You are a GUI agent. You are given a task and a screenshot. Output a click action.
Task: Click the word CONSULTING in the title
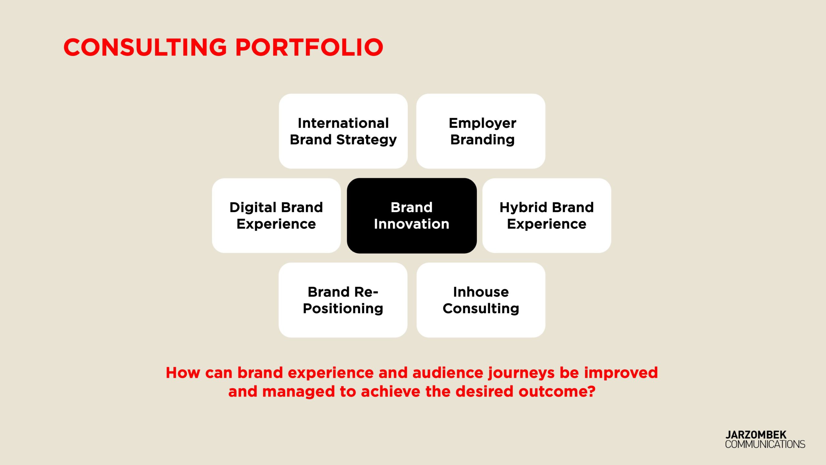146,47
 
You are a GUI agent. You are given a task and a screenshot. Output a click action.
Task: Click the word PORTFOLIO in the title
309,47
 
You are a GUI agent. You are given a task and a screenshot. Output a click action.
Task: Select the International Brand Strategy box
343,131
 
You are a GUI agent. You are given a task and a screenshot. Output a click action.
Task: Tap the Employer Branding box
481,131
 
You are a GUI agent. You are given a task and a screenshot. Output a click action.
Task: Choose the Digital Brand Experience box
276,216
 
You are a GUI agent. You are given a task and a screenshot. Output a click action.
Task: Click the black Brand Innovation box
412,216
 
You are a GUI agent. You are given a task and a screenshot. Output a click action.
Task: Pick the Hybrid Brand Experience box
547,216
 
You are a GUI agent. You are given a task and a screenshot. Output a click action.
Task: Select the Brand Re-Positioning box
343,300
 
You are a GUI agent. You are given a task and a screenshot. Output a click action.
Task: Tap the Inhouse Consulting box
481,300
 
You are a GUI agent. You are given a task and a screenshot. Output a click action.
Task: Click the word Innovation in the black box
412,224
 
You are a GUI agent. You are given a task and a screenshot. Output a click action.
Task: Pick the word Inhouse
481,292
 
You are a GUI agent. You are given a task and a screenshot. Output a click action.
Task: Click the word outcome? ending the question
557,391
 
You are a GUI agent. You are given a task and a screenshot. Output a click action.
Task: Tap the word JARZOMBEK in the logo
756,435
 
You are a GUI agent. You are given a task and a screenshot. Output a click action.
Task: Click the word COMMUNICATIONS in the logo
765,444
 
